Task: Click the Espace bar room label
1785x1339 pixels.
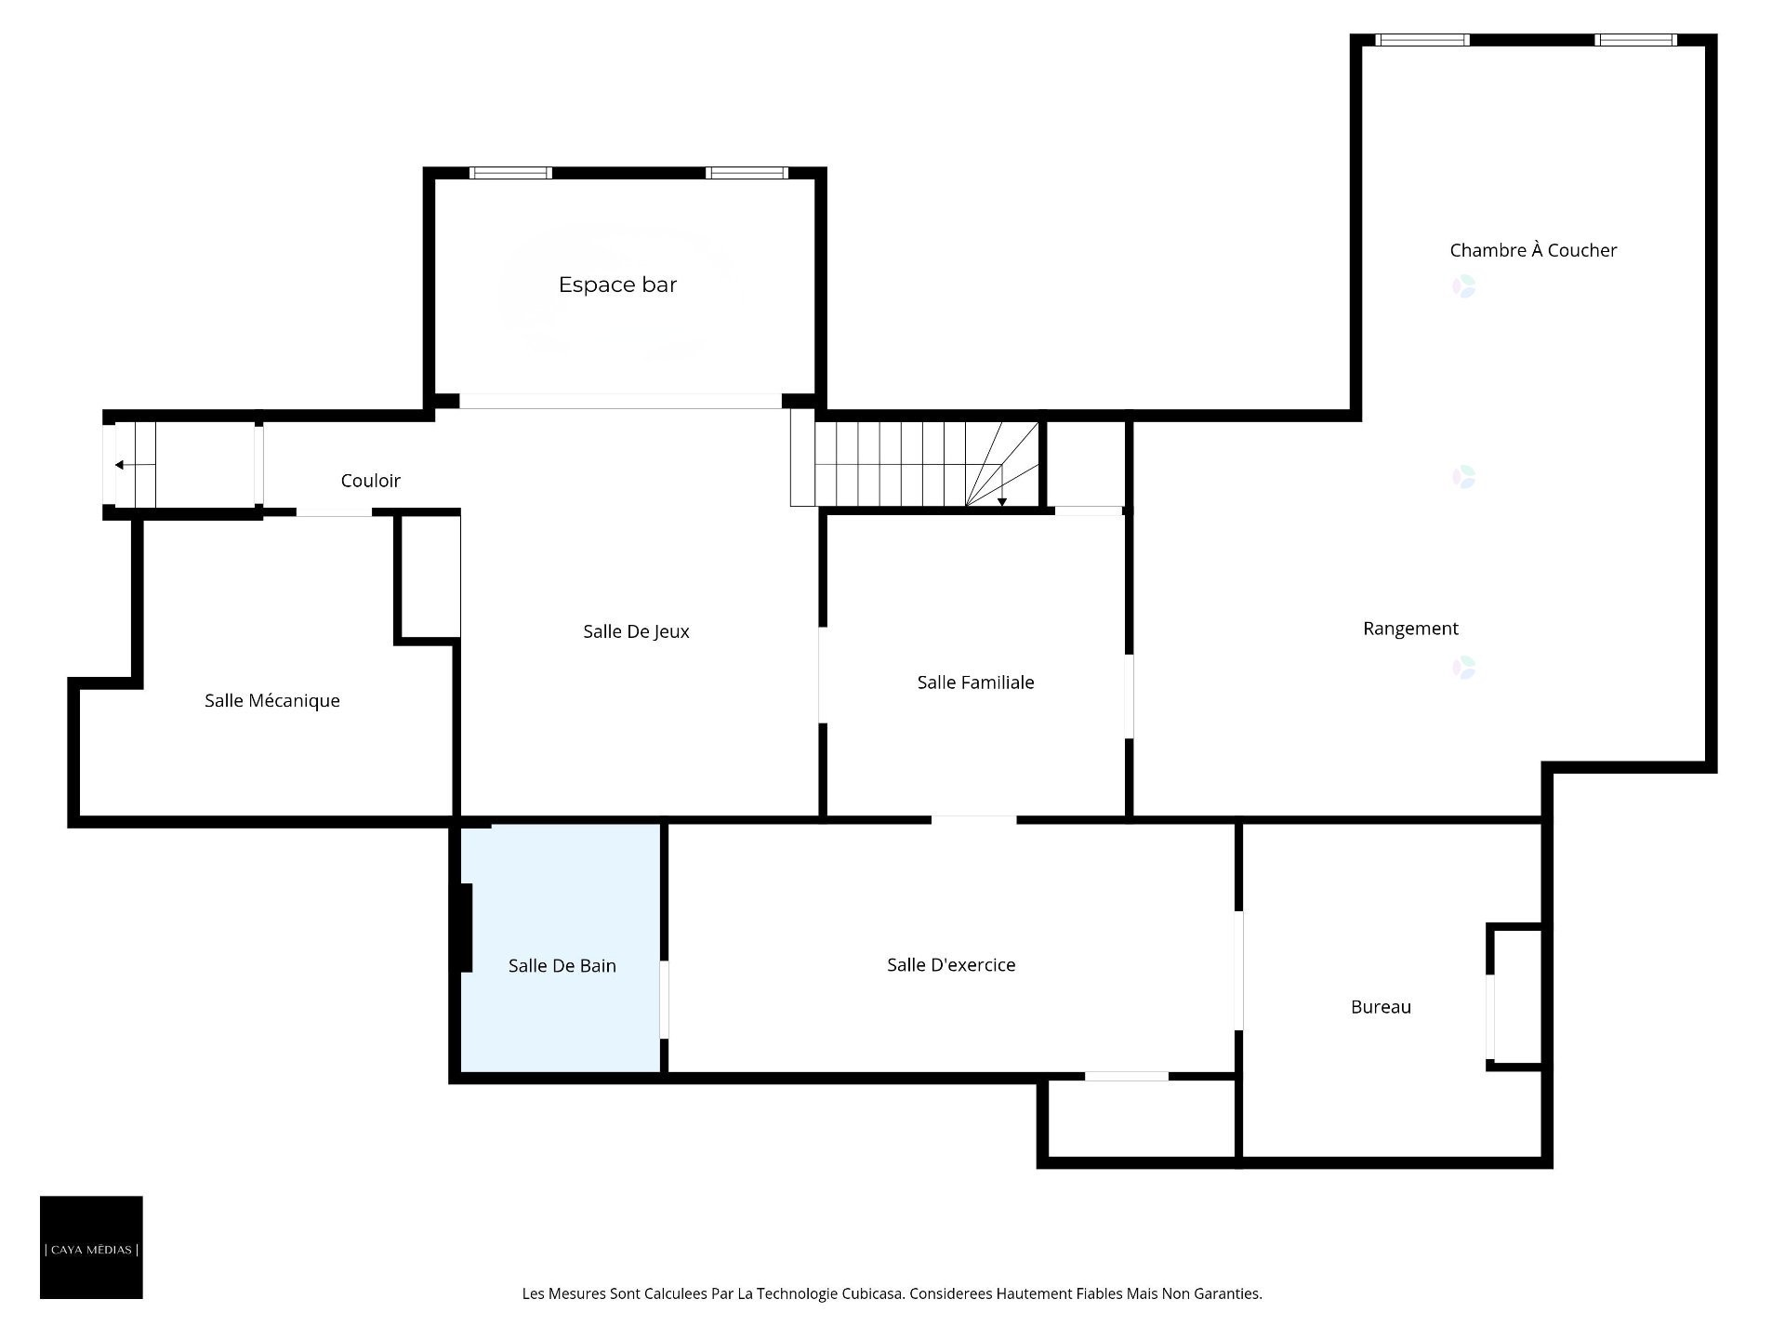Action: tap(617, 285)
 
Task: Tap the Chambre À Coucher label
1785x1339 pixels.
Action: tap(1533, 250)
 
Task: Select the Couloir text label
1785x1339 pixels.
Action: tap(370, 481)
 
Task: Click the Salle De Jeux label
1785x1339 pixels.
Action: tap(636, 631)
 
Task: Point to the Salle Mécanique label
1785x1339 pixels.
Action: tap(271, 701)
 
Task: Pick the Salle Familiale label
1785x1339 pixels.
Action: tap(975, 683)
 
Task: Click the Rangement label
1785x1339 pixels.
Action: tap(1410, 629)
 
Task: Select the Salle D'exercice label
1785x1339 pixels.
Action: tap(950, 965)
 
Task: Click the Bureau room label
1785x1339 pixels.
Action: tap(1381, 1007)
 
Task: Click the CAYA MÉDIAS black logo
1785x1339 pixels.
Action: tap(91, 1247)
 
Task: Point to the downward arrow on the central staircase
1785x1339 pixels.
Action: tap(1002, 501)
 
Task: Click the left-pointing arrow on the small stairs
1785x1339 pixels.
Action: tap(120, 465)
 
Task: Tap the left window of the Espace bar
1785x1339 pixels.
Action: tap(510, 173)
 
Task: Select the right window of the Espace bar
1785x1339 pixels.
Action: tap(747, 173)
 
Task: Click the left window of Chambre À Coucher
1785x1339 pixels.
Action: tap(1421, 40)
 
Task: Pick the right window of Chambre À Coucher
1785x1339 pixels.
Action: tap(1635, 40)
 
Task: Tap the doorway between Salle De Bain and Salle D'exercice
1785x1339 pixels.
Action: tap(664, 1000)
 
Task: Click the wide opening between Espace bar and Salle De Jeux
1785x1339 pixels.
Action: tap(620, 401)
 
